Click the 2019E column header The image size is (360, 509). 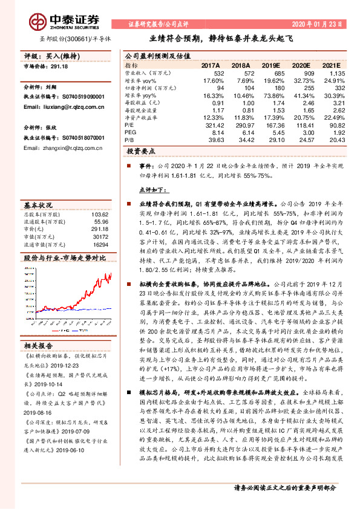(x=272, y=65)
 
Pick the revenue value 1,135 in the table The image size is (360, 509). (x=336, y=73)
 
